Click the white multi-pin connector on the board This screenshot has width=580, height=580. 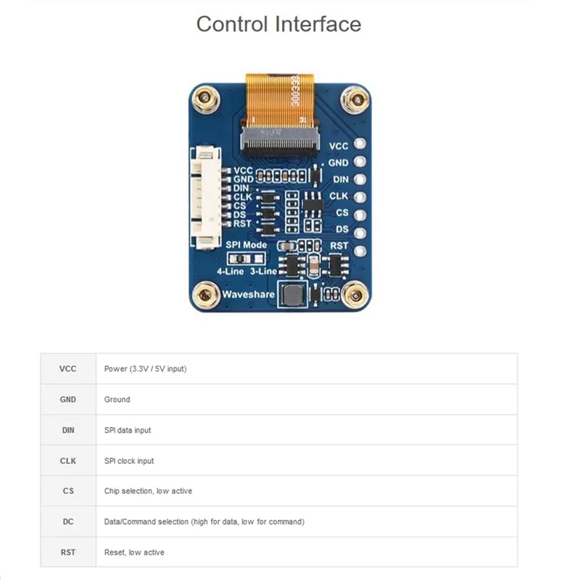coord(207,197)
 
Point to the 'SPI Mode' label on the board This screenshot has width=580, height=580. coord(246,245)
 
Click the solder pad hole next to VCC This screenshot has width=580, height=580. coord(359,146)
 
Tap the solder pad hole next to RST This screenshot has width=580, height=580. coord(359,246)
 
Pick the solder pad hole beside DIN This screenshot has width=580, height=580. coord(359,179)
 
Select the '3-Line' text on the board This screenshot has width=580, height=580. coord(262,270)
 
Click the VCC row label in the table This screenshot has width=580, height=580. coord(67,368)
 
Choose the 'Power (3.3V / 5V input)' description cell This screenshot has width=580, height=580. coord(145,368)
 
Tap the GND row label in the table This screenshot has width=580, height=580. coord(67,399)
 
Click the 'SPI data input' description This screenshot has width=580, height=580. coord(128,430)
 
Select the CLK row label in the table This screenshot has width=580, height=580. coord(67,460)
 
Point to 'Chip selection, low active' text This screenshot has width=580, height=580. coord(148,491)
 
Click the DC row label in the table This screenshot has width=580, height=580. coord(67,521)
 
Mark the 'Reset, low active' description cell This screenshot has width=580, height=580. coord(134,552)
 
